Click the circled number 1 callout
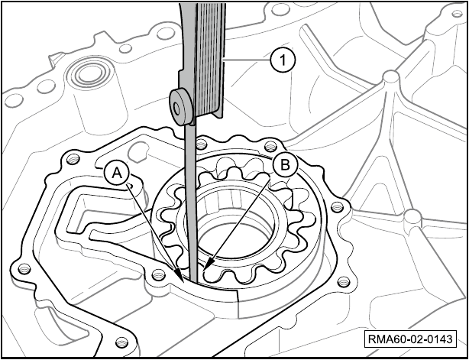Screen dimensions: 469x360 pyautogui.click(x=283, y=60)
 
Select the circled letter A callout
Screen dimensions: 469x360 pyautogui.click(x=117, y=174)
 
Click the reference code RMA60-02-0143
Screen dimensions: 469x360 pyautogui.click(x=409, y=339)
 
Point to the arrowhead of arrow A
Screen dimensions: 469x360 pyautogui.click(x=180, y=274)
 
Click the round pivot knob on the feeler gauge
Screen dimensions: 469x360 pyautogui.click(x=181, y=108)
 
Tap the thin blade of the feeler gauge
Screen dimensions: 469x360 pyautogui.click(x=191, y=203)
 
